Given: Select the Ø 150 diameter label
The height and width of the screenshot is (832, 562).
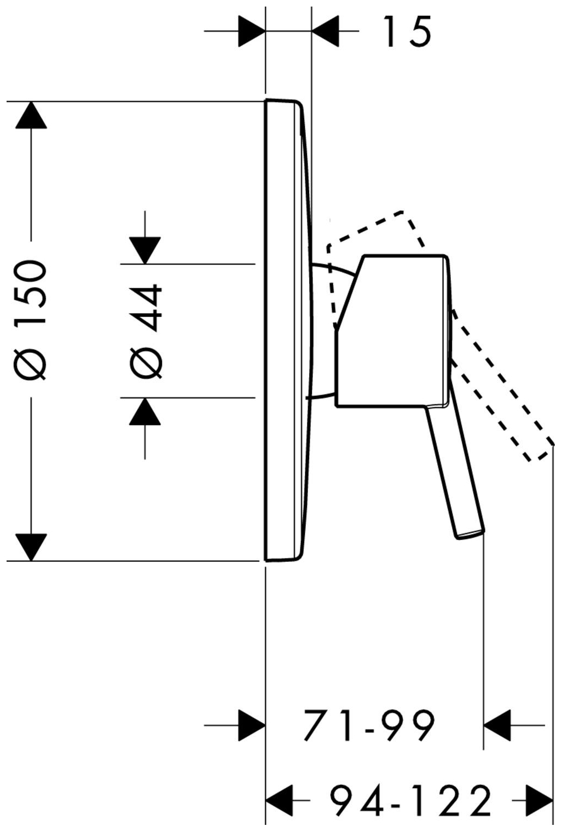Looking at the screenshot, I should [32, 319].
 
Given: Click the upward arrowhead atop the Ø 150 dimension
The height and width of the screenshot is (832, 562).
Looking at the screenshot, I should [31, 114].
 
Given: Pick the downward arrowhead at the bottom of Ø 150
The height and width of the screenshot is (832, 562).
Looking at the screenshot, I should [31, 547].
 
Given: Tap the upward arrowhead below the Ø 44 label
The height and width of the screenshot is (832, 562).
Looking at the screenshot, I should [145, 411].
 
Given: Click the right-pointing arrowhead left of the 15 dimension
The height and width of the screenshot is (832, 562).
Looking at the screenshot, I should [252, 31].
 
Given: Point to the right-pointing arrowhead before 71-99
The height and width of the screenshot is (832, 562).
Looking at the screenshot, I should [252, 725].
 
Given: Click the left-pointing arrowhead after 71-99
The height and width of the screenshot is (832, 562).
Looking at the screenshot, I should [497, 725].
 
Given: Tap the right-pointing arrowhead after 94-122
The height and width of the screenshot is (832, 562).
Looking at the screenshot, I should [538, 801].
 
